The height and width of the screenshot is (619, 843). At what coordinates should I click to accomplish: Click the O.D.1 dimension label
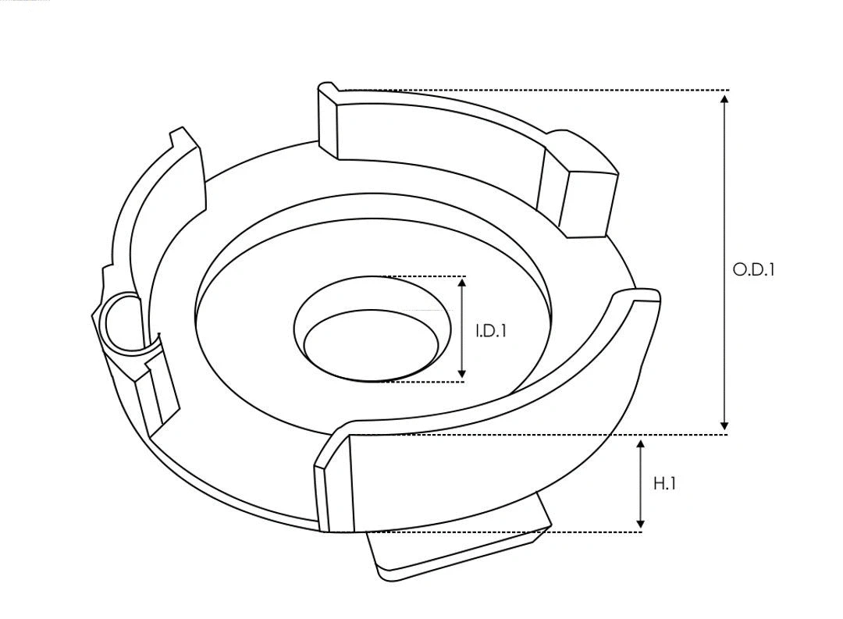click(x=753, y=270)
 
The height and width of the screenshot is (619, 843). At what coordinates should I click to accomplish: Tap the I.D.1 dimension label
click(x=491, y=331)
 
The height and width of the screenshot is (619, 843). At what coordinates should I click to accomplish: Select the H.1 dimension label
click(x=664, y=484)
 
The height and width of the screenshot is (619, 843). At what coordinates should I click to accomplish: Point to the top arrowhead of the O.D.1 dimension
click(x=725, y=98)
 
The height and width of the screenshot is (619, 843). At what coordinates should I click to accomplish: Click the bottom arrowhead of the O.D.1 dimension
click(x=725, y=425)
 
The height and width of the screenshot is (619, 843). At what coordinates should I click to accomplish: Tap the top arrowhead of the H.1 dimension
click(x=641, y=445)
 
